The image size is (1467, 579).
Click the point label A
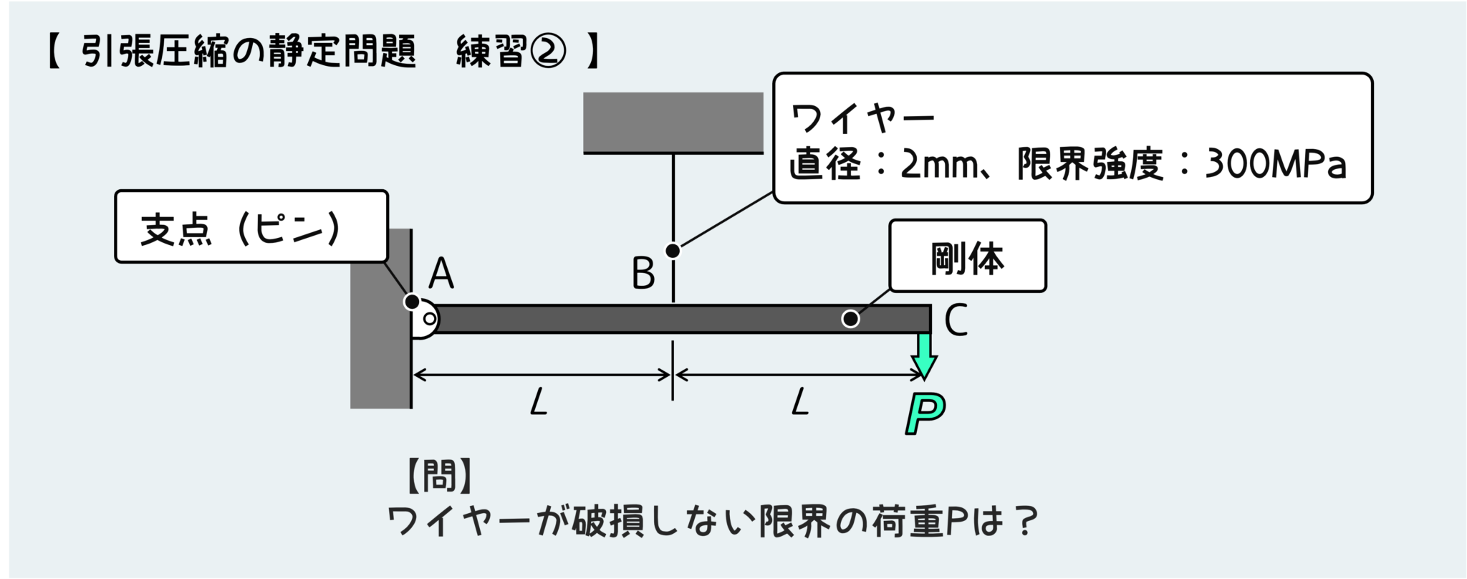[x=441, y=274]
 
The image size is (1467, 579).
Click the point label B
[x=643, y=274]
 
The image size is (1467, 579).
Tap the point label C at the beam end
[x=956, y=320]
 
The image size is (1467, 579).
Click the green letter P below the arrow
[x=925, y=413]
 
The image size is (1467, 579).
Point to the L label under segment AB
[x=539, y=403]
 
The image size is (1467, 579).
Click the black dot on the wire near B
[x=673, y=251]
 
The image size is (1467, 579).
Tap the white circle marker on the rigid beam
[x=850, y=319]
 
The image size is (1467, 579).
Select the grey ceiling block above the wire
[x=673, y=122]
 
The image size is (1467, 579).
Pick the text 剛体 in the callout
[x=967, y=257]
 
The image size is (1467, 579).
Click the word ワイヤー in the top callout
[x=862, y=119]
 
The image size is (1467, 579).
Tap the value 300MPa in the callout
[x=1276, y=165]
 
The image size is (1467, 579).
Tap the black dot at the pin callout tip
[x=412, y=302]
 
